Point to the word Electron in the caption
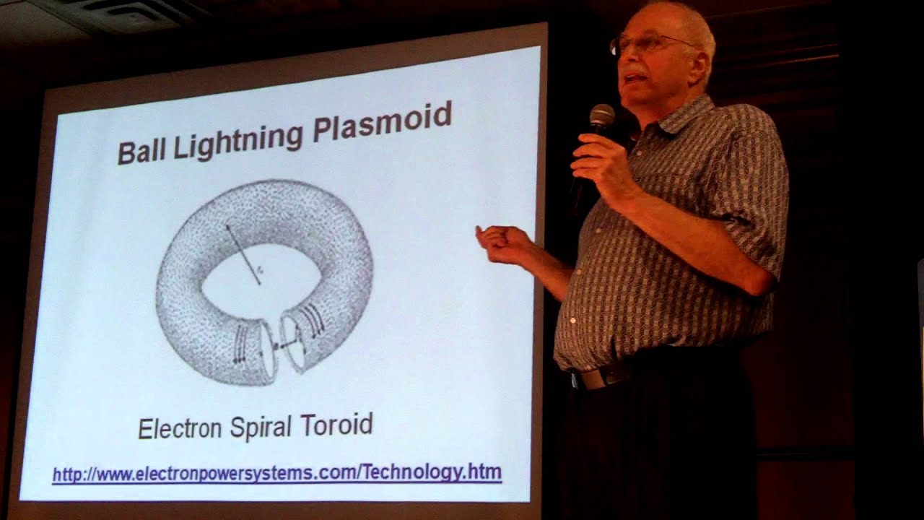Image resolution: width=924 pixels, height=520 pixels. [180, 429]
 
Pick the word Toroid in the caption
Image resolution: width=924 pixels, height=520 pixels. [337, 424]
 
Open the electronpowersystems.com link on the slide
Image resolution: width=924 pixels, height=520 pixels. [276, 474]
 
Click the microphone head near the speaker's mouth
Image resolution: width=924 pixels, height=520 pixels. [601, 116]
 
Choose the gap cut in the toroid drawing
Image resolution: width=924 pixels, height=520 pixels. [277, 347]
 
